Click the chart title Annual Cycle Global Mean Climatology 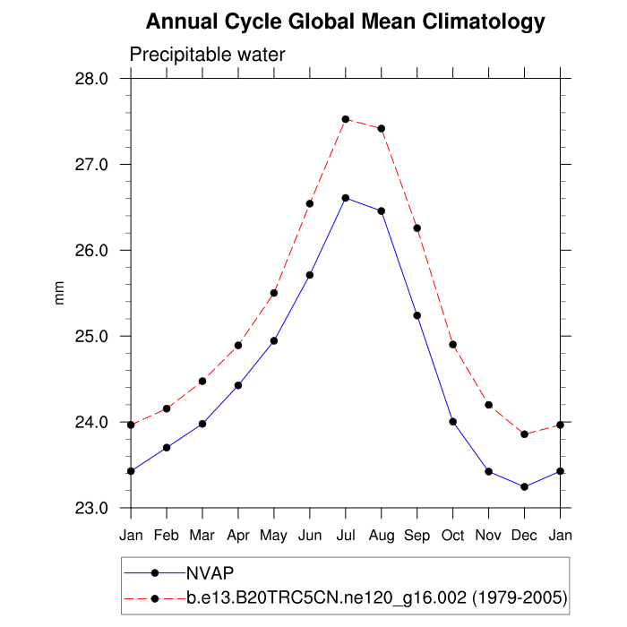tap(345, 21)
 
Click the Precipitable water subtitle tap(207, 55)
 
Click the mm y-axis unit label tap(60, 293)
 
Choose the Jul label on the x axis tap(346, 535)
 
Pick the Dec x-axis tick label tap(524, 535)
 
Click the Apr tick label tap(238, 535)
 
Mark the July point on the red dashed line tap(346, 119)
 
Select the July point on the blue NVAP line tap(346, 198)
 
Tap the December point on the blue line tap(524, 487)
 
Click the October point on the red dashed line tap(453, 345)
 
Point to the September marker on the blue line tap(417, 315)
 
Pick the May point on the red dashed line tap(274, 293)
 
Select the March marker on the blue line tap(202, 424)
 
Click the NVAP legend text tap(210, 572)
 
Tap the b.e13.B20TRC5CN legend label tap(376, 597)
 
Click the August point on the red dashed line tap(382, 128)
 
